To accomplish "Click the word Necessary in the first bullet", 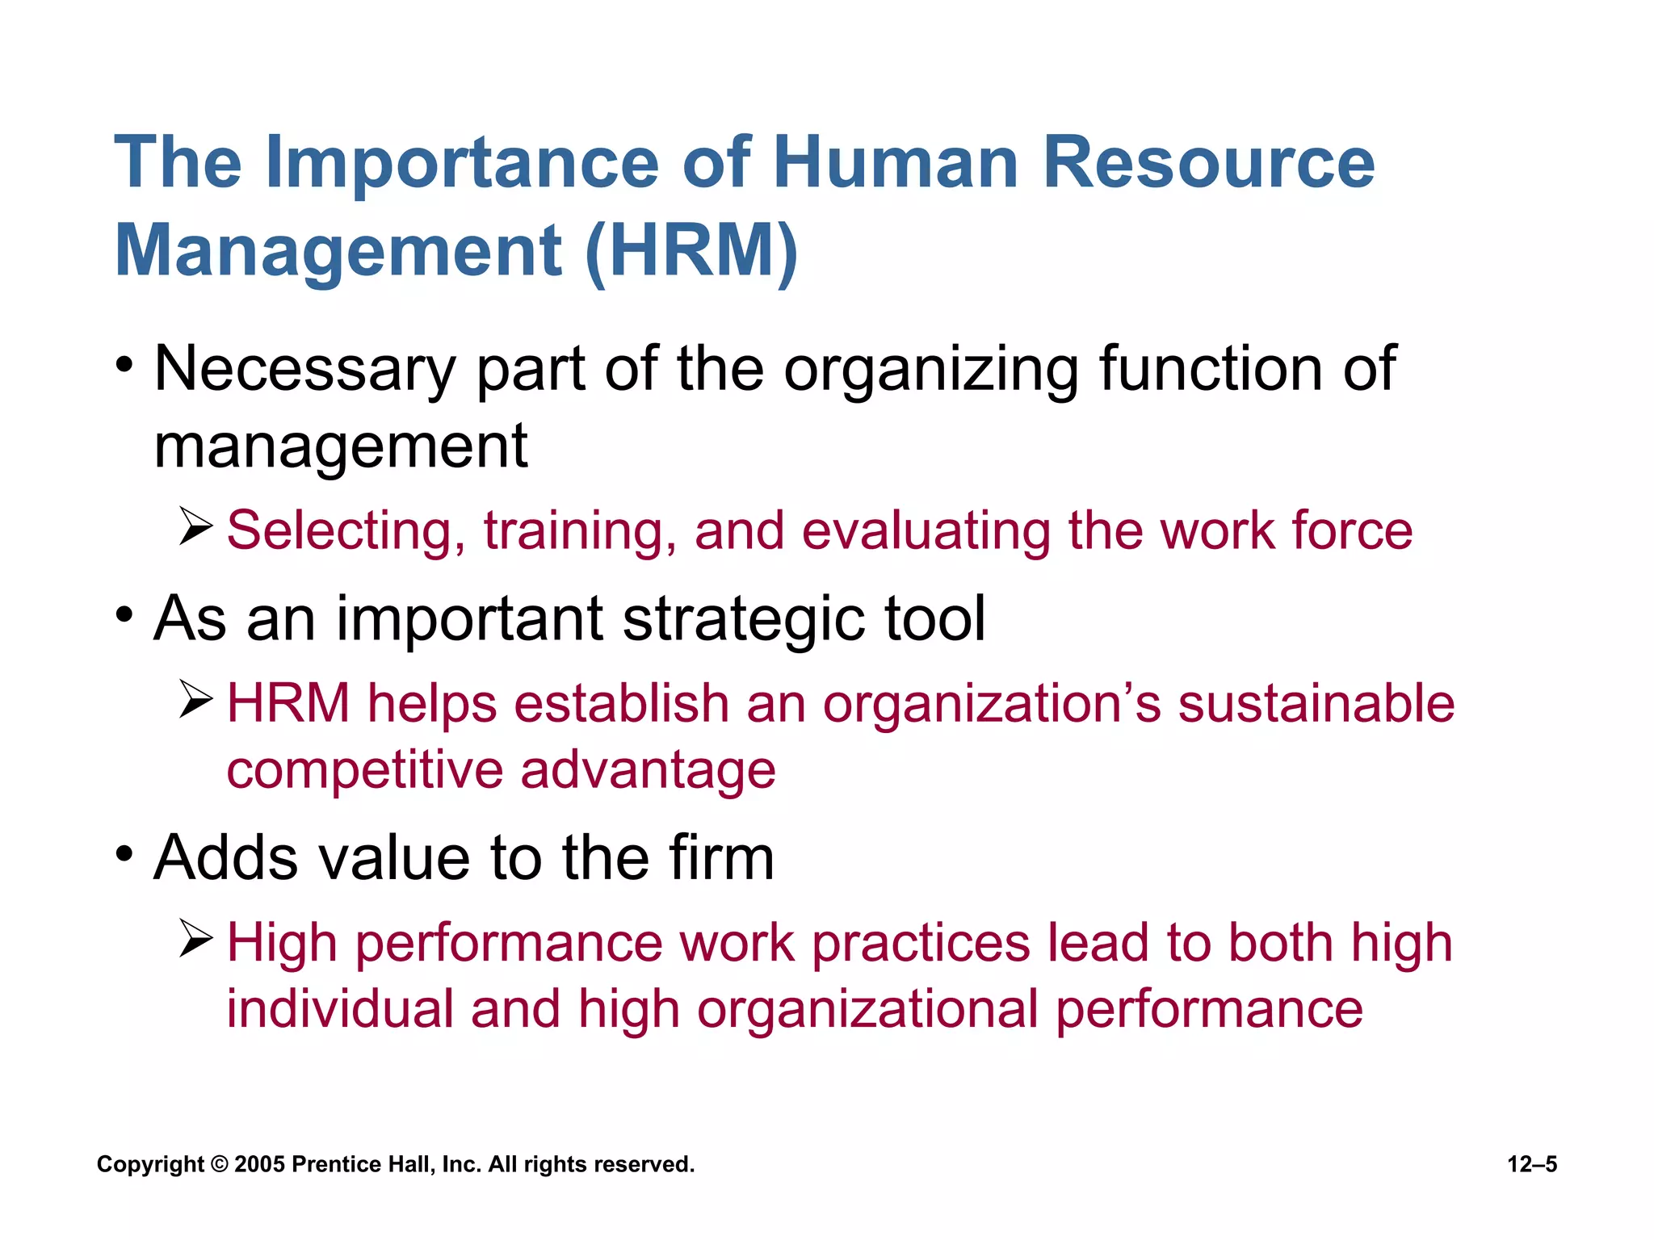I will click(x=305, y=371).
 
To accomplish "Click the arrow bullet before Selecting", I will click(x=195, y=526).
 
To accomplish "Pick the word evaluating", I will click(x=926, y=532).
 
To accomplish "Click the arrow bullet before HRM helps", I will click(x=195, y=699).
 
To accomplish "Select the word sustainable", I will click(x=1316, y=702).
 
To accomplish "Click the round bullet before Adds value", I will click(x=124, y=853).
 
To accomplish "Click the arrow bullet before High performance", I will click(x=195, y=938).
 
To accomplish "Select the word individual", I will click(x=340, y=1009).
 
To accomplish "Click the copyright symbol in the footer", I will click(x=219, y=1164).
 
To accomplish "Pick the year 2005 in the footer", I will click(x=259, y=1164).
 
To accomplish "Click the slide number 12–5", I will click(x=1532, y=1164).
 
